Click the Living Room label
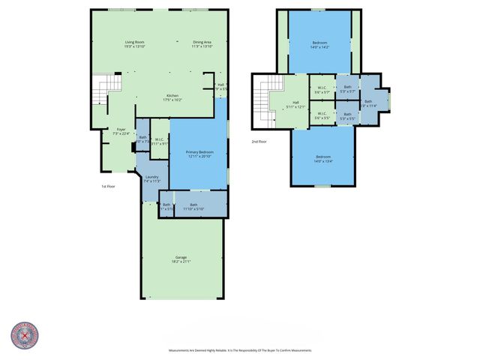click(135, 43)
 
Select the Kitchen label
click(172, 97)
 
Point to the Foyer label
click(120, 131)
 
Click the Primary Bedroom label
click(199, 154)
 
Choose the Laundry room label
click(151, 179)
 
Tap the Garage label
click(182, 260)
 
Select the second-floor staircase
click(262, 105)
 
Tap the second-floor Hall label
click(295, 104)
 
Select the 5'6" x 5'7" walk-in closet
click(322, 90)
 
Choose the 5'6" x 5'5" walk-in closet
click(322, 116)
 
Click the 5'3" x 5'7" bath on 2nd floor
click(347, 90)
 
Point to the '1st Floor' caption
click(108, 186)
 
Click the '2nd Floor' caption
click(259, 140)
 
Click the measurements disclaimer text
click(239, 350)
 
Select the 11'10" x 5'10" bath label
click(193, 205)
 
